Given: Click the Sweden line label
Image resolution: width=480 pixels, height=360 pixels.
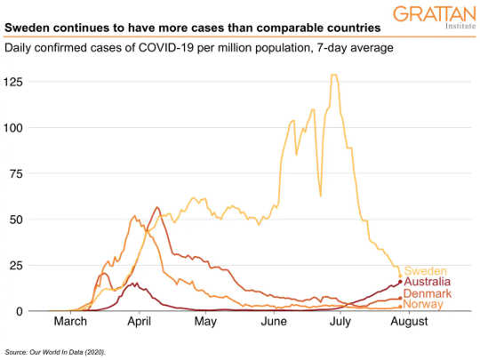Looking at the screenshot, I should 425,271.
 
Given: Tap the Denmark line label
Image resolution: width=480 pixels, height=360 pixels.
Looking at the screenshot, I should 428,294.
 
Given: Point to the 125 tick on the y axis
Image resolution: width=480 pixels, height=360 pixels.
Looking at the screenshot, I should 13,82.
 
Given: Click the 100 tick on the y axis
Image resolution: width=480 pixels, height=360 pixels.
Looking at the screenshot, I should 13,128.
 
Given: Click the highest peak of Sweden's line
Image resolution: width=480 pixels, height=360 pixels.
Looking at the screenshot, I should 333,76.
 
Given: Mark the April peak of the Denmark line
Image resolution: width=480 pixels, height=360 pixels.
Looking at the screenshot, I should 157,208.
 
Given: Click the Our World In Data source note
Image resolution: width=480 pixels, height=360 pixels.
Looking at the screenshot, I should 55,353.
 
